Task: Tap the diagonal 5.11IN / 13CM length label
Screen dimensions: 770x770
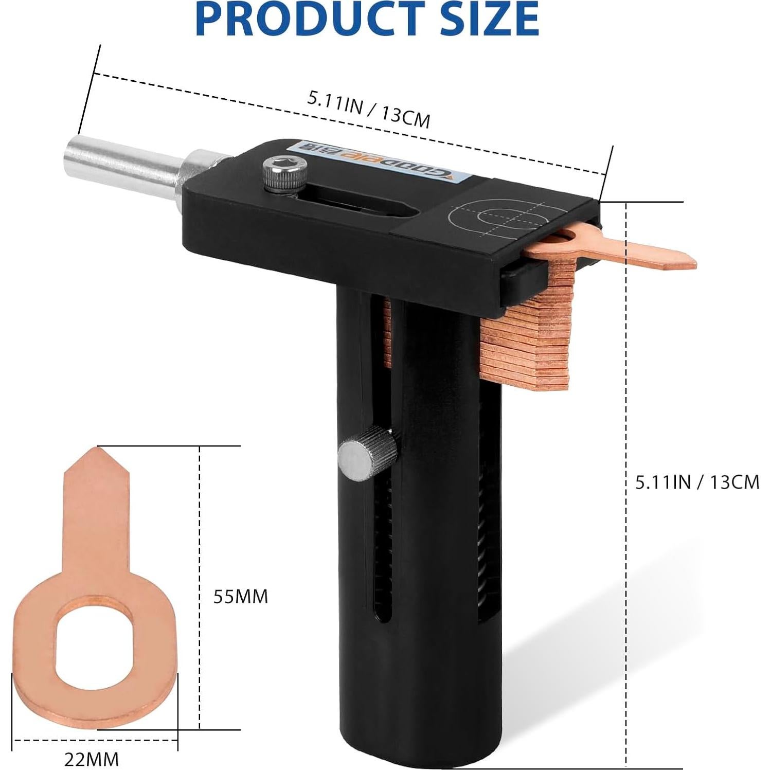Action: (368, 109)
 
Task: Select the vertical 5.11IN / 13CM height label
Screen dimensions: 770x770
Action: (697, 482)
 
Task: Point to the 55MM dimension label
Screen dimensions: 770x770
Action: (241, 596)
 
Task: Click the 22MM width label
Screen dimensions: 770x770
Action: (92, 759)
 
